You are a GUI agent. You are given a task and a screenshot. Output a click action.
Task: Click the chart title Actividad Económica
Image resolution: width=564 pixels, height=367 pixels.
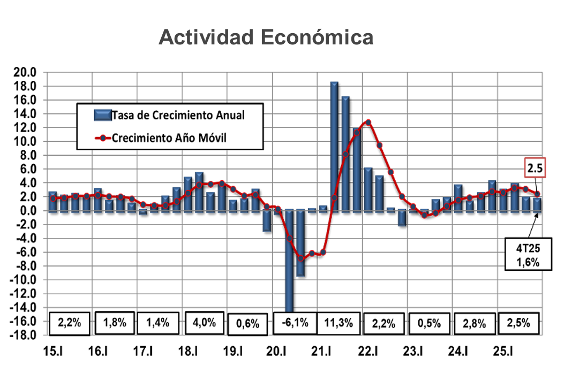tap(266, 38)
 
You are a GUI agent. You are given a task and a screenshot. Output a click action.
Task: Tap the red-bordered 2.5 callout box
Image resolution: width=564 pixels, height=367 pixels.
tap(535, 169)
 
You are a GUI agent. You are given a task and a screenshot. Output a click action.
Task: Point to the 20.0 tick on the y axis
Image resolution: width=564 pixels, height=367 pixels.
tap(25, 72)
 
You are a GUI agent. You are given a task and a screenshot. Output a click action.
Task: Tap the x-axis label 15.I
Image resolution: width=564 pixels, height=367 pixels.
tap(52, 352)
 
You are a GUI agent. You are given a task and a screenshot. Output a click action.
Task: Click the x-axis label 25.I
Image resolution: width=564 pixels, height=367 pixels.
tap(502, 352)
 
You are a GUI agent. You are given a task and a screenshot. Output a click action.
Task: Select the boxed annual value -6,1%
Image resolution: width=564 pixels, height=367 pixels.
tap(294, 323)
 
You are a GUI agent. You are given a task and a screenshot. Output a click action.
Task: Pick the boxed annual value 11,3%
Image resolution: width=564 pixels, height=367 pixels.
tap(339, 323)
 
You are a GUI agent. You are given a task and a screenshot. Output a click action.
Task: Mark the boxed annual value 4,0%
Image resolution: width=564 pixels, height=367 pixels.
tap(204, 322)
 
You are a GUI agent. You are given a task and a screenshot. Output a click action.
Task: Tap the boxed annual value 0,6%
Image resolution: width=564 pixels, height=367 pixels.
tap(247, 323)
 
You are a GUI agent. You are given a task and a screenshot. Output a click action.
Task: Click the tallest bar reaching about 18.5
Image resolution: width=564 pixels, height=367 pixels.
tap(334, 144)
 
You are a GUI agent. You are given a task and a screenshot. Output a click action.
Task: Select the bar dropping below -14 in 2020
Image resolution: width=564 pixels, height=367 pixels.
tap(289, 262)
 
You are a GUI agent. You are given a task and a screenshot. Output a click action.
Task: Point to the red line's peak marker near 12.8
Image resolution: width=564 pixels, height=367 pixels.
tap(368, 123)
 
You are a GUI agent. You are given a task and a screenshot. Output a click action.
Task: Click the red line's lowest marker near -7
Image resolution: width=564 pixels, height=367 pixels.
tap(300, 258)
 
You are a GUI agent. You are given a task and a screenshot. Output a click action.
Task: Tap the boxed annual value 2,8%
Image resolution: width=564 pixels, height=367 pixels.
tap(473, 323)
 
